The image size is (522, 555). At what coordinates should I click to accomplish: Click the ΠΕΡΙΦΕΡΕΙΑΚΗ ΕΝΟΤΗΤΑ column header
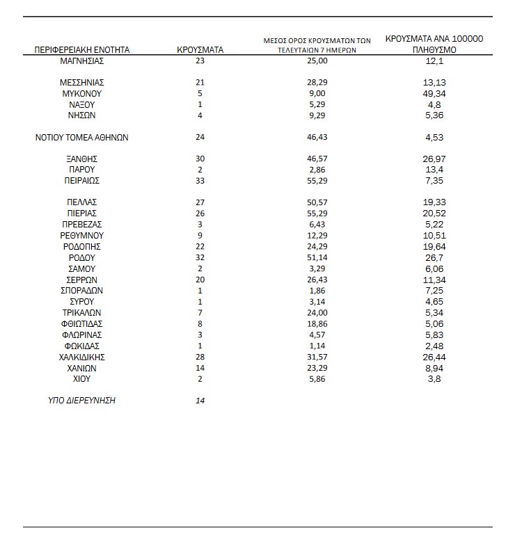(x=82, y=50)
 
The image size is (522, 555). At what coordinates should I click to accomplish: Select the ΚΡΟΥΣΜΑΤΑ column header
(x=200, y=50)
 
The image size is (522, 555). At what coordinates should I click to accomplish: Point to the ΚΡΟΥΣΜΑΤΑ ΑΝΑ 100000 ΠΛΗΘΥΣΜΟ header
(x=434, y=45)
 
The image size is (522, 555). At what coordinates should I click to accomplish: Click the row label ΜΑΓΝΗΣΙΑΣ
(x=82, y=61)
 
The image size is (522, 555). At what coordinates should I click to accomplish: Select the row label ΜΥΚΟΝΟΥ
(x=82, y=93)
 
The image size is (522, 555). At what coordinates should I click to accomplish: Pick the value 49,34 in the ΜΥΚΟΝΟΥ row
(x=434, y=93)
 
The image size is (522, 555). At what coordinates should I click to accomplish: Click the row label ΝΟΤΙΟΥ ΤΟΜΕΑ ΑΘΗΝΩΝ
(x=82, y=138)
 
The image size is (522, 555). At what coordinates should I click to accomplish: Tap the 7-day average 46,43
(x=317, y=138)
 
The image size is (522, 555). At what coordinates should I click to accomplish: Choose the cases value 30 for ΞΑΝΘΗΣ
(x=200, y=159)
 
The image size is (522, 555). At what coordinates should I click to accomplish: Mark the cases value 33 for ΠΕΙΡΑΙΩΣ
(x=200, y=181)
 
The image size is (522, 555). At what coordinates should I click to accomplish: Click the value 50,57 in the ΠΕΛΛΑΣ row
(x=317, y=202)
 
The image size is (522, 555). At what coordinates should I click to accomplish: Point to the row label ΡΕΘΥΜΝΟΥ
(x=82, y=236)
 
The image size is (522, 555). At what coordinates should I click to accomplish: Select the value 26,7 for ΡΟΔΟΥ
(x=434, y=257)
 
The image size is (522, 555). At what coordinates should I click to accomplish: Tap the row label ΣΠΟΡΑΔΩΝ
(x=82, y=290)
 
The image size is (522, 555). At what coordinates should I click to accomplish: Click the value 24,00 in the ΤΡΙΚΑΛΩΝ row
(x=317, y=313)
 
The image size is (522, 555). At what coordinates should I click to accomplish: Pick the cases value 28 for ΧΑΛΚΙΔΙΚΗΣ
(x=200, y=357)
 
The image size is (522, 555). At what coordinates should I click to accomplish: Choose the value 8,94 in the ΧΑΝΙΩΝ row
(x=434, y=368)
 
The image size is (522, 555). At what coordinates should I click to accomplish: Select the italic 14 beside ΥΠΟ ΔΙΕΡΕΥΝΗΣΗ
(x=200, y=401)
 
